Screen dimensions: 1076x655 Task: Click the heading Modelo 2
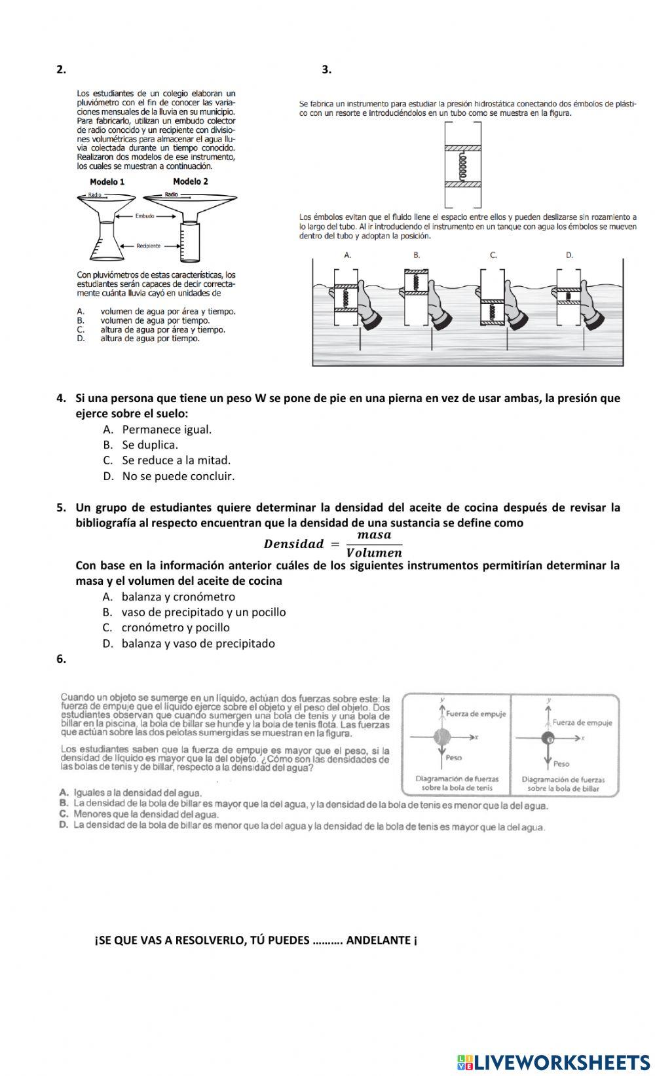coord(191,181)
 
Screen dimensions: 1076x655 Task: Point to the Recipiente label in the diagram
coord(148,246)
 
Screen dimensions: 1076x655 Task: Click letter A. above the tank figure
coord(348,255)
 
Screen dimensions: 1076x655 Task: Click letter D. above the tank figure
coord(569,255)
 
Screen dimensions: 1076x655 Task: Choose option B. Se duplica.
coord(149,445)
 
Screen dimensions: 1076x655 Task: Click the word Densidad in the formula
coord(293,544)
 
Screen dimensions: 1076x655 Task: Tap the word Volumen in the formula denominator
coord(374,553)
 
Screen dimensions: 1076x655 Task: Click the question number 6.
coord(61,659)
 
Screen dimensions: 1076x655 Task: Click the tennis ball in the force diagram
coord(443,737)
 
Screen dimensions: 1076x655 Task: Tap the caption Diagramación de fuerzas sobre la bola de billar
coord(563,784)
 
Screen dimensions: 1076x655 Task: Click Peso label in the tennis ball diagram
coord(453,758)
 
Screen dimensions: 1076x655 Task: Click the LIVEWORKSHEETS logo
coord(553,1062)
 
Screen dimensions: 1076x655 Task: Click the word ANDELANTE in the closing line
coord(378,940)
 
